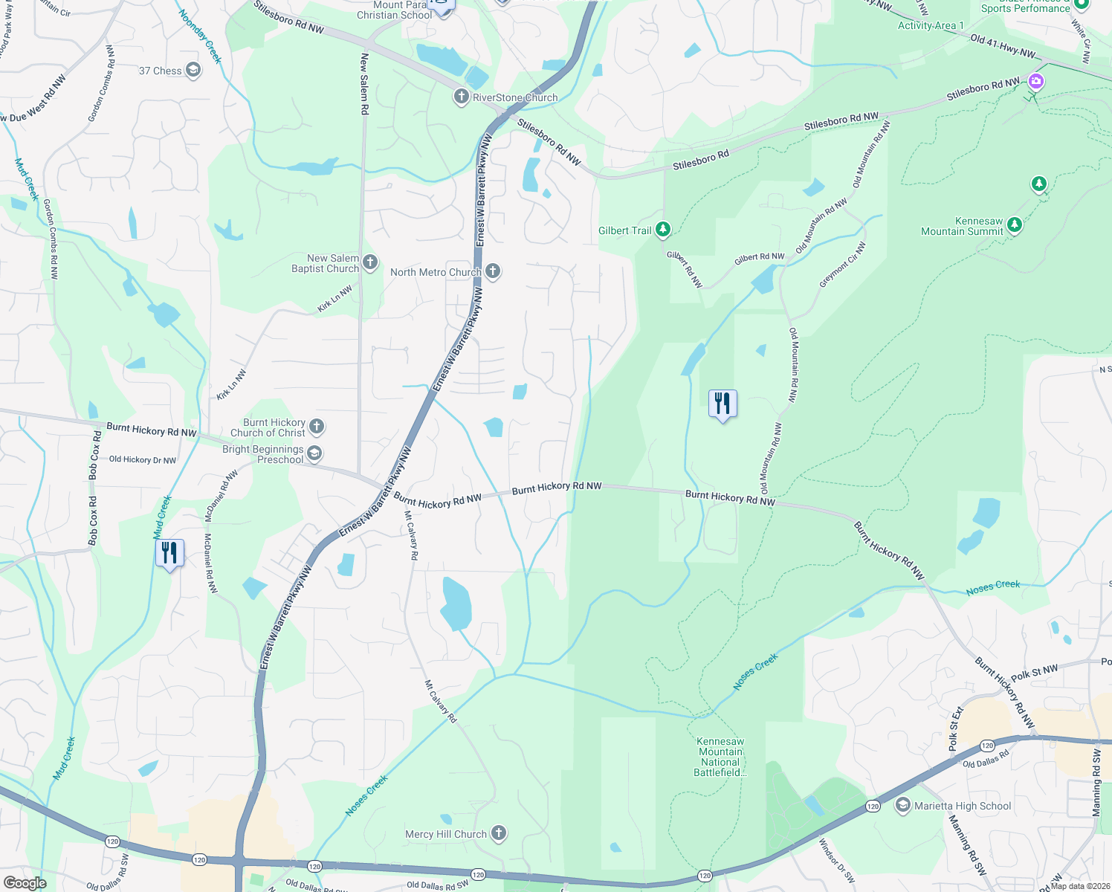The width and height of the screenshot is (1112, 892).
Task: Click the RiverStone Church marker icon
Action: point(462,97)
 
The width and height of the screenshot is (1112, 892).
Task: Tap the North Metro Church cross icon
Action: point(493,271)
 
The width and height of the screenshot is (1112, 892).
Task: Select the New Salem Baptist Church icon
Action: point(370,262)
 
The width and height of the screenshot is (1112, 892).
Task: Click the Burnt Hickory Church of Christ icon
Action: point(317,427)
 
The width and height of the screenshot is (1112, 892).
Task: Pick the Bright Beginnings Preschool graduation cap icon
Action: point(314,453)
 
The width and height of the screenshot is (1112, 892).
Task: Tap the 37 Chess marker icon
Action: point(193,71)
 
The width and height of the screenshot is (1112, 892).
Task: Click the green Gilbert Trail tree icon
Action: point(663,230)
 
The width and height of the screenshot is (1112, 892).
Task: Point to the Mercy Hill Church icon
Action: point(499,833)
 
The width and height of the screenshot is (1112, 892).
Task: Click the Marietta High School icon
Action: point(903,806)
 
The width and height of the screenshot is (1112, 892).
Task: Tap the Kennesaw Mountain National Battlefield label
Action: point(720,757)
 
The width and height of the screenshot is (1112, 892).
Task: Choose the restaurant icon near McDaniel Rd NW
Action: point(169,553)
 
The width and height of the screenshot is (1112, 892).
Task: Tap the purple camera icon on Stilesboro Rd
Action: point(1035,81)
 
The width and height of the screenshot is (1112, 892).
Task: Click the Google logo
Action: point(25,882)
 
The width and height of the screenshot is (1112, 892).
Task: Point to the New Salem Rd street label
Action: point(364,84)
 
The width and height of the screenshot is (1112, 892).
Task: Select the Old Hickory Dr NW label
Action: point(143,460)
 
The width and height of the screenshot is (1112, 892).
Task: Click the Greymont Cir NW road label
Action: point(843,265)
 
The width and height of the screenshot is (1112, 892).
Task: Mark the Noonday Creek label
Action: point(200,36)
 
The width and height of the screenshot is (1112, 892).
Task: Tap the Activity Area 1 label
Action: point(931,25)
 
